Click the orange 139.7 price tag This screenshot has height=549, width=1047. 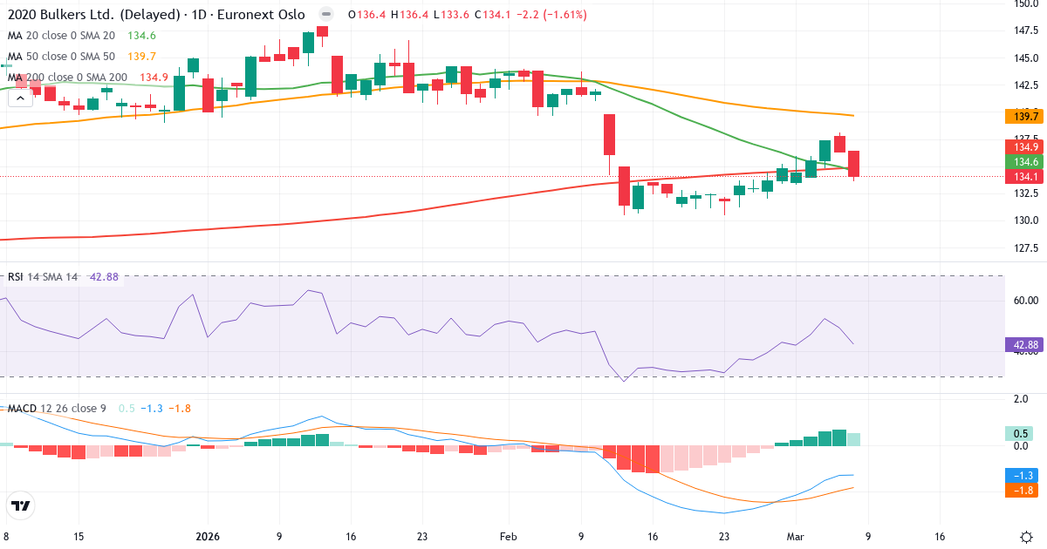pyautogui.click(x=1024, y=117)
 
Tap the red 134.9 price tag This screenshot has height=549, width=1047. pyautogui.click(x=1024, y=146)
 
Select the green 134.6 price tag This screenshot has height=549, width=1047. pyautogui.click(x=1024, y=162)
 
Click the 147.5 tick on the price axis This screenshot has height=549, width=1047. pyautogui.click(x=1024, y=30)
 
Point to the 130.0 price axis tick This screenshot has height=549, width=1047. pyautogui.click(x=1024, y=220)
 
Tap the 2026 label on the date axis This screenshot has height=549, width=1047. pyautogui.click(x=208, y=536)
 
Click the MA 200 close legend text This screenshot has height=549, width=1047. pyautogui.click(x=67, y=78)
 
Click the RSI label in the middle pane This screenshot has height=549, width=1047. pyautogui.click(x=16, y=277)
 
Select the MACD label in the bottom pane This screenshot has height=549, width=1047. pyautogui.click(x=23, y=410)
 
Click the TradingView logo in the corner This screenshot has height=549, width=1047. pyautogui.click(x=21, y=505)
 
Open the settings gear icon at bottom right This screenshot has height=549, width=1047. pyautogui.click(x=1026, y=536)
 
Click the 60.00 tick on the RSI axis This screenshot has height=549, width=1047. pyautogui.click(x=1024, y=301)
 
